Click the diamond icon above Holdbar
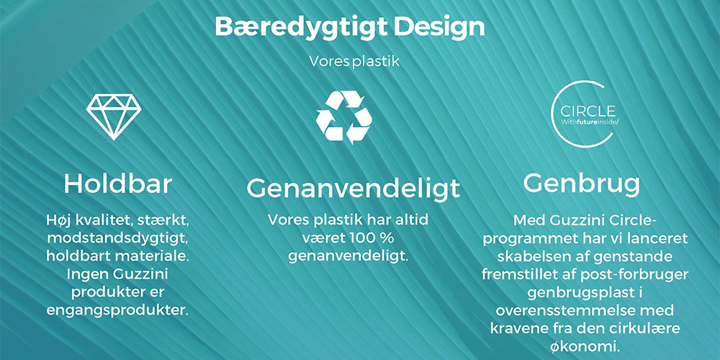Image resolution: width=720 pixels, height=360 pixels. pos(114,117)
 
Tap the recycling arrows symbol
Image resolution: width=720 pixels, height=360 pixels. pos(344,117)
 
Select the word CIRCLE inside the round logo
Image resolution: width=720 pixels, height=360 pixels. pos(587,112)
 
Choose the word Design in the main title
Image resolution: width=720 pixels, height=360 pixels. pos(439,27)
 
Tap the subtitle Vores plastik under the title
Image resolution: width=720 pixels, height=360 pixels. pos(354,61)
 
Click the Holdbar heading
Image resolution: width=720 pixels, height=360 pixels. pos(117,184)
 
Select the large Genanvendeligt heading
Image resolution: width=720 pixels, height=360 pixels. pos(353,188)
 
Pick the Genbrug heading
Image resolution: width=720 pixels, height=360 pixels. pos(581,184)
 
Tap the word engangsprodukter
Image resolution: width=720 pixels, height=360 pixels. pos(117,310)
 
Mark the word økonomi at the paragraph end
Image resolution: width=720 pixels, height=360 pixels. pos(581,346)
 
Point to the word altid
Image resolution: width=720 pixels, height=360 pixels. pos(409,220)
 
